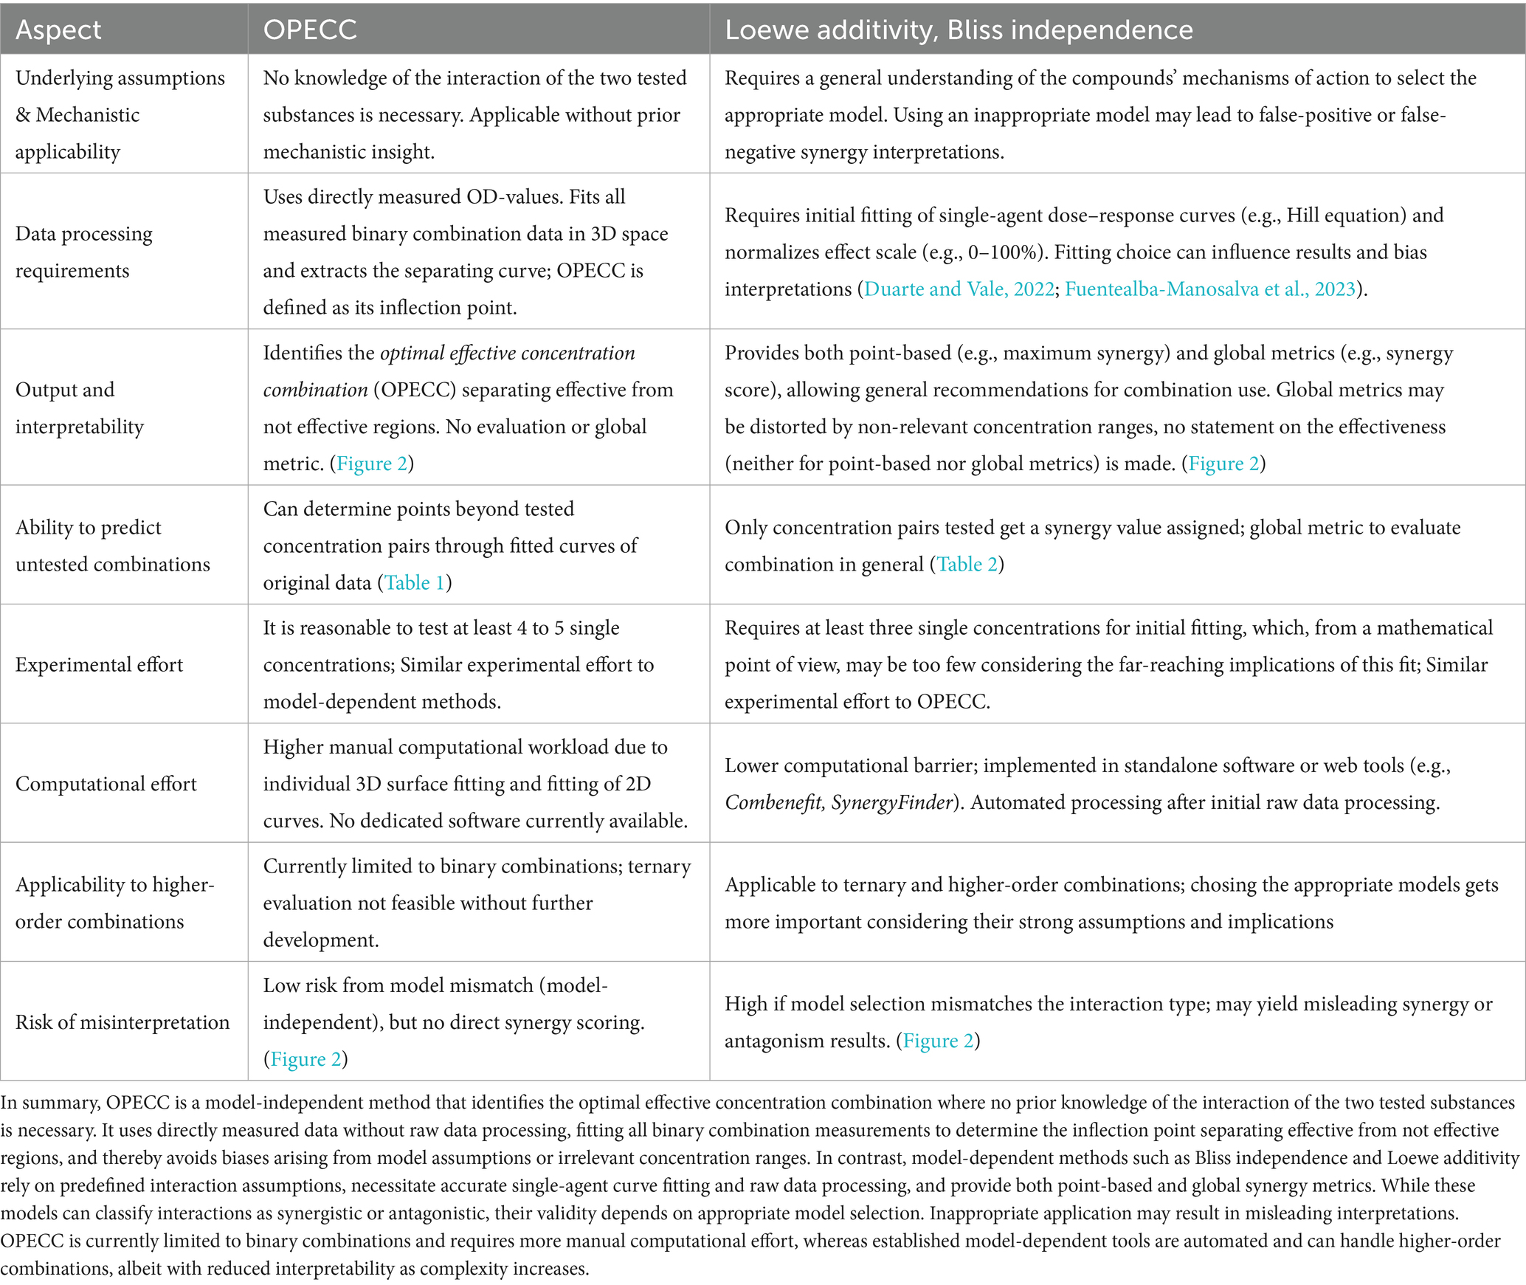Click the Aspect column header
point(58,30)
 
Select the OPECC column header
point(310,30)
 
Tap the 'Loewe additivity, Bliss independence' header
point(959,30)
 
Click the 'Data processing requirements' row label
point(84,252)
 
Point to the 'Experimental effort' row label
point(99,664)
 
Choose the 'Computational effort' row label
point(106,783)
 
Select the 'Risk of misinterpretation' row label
point(122,1022)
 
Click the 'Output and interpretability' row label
point(80,407)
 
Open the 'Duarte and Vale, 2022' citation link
point(959,289)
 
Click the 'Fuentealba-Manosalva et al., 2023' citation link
point(1210,289)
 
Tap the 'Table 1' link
point(415,582)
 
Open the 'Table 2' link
point(967,564)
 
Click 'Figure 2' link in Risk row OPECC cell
point(305,1059)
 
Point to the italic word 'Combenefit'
point(773,802)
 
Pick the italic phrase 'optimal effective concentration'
point(508,353)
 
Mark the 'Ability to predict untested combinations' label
point(112,545)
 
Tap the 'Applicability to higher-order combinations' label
point(114,903)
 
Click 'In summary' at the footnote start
point(49,1102)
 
